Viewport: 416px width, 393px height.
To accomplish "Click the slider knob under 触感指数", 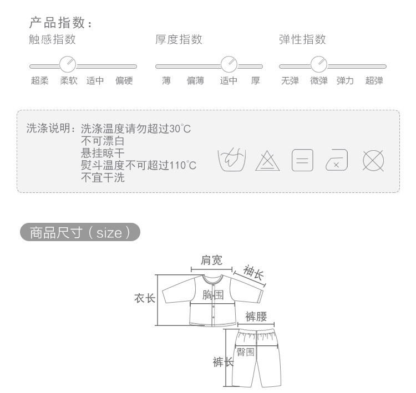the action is pyautogui.click(x=68, y=63).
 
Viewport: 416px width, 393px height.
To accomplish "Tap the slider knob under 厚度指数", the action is pyautogui.click(x=229, y=63).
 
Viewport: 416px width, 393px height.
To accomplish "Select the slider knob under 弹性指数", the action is pyautogui.click(x=319, y=63).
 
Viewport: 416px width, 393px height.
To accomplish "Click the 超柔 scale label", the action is pyautogui.click(x=39, y=81).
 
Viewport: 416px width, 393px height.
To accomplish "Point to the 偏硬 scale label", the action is pyautogui.click(x=124, y=81).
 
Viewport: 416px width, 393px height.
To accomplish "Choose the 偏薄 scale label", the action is pyautogui.click(x=195, y=81).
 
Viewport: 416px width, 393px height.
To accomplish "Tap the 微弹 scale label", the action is pyautogui.click(x=319, y=81).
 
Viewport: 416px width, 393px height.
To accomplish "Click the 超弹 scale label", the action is pyautogui.click(x=374, y=81).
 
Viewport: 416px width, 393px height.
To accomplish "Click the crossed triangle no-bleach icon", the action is pyautogui.click(x=267, y=160).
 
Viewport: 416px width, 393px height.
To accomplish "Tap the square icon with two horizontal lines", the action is pyautogui.click(x=302, y=160).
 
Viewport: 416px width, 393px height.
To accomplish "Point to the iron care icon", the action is pyautogui.click(x=337, y=160).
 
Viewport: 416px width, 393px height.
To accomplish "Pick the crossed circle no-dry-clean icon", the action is pyautogui.click(x=373, y=160).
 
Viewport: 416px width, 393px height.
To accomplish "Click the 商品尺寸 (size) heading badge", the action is pyautogui.click(x=80, y=233).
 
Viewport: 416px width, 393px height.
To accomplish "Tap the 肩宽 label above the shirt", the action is pyautogui.click(x=211, y=260).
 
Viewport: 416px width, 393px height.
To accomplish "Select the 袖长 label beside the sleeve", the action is pyautogui.click(x=253, y=272).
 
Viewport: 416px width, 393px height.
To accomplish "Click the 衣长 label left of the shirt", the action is pyautogui.click(x=144, y=298).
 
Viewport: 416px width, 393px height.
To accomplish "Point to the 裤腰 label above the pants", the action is pyautogui.click(x=256, y=317).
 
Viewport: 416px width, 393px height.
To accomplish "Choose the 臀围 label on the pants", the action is pyautogui.click(x=246, y=352).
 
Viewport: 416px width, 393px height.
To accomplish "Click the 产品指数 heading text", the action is pyautogui.click(x=60, y=23).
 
